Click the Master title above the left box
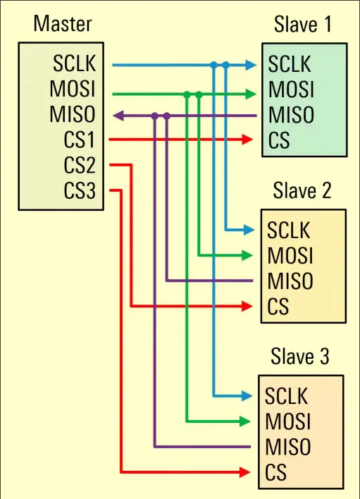63,23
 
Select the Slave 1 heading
302,24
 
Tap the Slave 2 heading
302,190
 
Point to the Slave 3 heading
300,356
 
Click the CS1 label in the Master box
80,140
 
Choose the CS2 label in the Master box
80,165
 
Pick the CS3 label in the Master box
80,190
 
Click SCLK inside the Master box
74,63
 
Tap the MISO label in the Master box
72,114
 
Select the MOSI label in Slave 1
291,89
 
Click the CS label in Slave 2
278,306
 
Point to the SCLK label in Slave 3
286,396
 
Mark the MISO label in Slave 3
288,446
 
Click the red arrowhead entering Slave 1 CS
247,140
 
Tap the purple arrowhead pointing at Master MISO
118,116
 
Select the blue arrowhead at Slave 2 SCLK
249,230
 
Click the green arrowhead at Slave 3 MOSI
245,421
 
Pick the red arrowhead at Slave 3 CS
244,472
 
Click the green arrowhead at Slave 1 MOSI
251,94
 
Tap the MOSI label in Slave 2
290,255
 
